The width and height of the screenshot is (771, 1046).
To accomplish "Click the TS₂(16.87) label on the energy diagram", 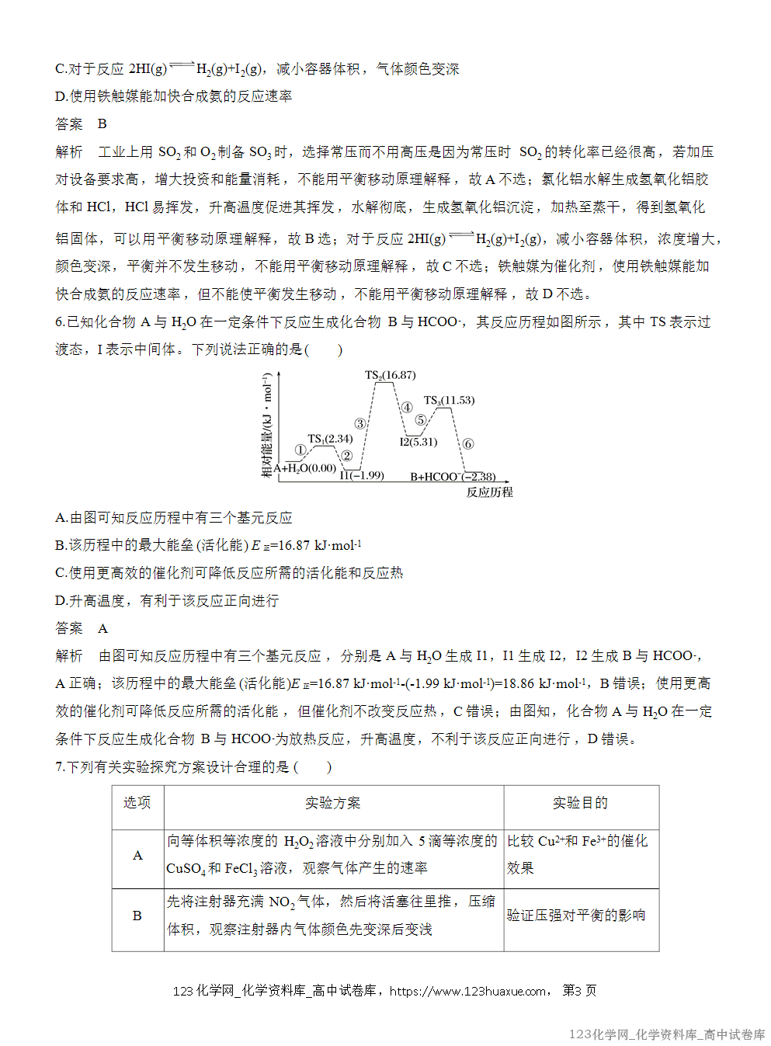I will tap(391, 375).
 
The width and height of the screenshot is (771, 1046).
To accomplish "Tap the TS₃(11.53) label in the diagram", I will tap(449, 401).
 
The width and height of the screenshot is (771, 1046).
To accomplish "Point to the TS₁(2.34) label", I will tap(330, 439).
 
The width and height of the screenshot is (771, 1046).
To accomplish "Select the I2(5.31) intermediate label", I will tap(418, 442).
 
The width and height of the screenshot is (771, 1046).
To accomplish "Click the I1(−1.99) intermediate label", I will tap(362, 475).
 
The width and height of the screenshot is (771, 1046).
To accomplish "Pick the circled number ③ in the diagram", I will tap(360, 424).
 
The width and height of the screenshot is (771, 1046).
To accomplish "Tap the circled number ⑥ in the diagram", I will tap(467, 444).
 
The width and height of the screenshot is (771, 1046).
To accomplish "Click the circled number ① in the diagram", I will tap(300, 450).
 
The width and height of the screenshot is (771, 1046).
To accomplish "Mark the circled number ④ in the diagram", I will tap(406, 408).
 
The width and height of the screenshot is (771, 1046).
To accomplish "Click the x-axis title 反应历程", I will tap(489, 492).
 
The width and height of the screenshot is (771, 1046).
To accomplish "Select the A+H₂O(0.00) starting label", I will tap(305, 468).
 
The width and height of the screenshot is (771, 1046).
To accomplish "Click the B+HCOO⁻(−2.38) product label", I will tap(453, 477).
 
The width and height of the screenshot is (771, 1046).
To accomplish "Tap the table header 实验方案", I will tap(333, 803).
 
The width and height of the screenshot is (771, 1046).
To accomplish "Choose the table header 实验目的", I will tap(580, 803).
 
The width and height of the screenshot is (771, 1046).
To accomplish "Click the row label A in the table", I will tap(137, 855).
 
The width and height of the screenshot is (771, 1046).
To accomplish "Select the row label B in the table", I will tap(137, 916).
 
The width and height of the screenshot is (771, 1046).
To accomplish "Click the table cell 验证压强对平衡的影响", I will tap(576, 916).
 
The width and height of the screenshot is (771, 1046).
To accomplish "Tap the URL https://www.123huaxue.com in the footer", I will tap(467, 991).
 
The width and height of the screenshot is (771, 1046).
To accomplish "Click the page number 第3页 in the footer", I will tap(579, 991).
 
